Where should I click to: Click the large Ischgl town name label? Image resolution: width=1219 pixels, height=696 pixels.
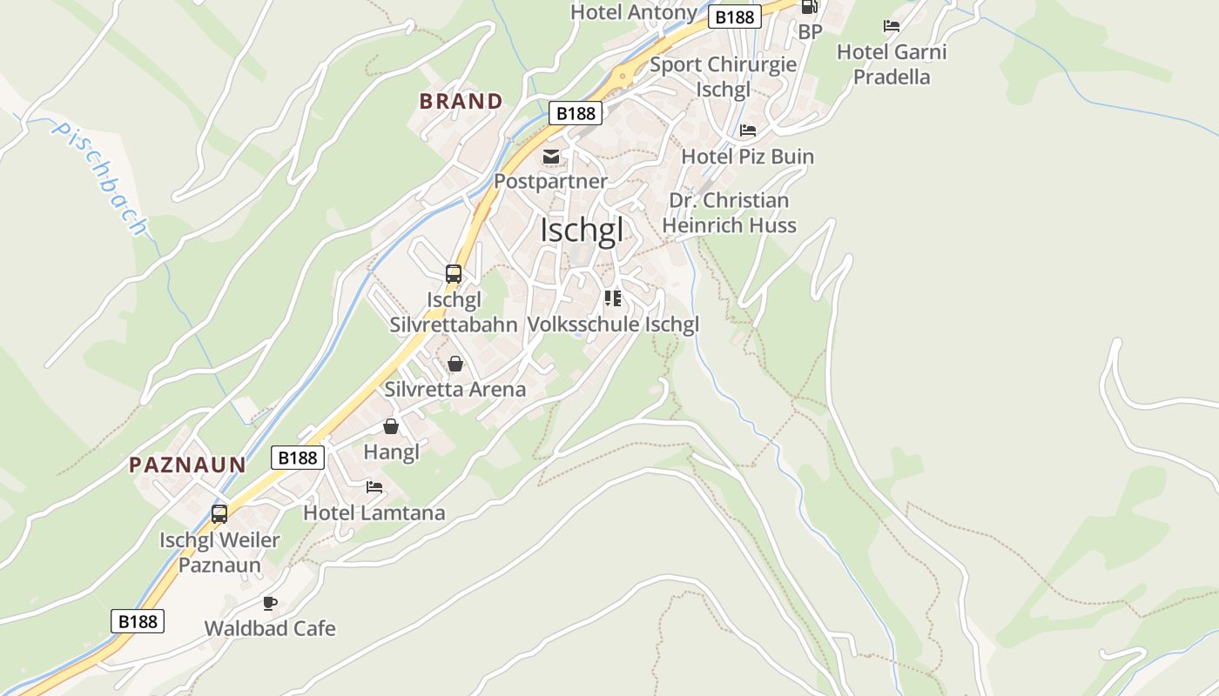click(x=582, y=231)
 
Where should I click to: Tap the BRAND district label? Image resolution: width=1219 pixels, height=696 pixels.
click(x=461, y=101)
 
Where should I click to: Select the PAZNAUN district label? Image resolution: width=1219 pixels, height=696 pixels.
click(x=187, y=465)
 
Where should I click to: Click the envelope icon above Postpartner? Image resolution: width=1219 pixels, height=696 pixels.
click(x=551, y=157)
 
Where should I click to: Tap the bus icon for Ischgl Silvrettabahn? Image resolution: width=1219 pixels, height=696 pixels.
click(x=453, y=274)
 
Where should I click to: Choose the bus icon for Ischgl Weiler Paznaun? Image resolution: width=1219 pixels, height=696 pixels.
click(x=219, y=514)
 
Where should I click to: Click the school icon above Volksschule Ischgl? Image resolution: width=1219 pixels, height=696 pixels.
click(x=613, y=298)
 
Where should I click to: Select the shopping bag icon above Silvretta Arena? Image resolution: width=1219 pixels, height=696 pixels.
click(x=455, y=364)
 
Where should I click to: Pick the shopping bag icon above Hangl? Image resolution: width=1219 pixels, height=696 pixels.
click(x=391, y=426)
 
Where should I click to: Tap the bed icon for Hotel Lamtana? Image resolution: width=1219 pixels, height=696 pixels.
click(x=374, y=487)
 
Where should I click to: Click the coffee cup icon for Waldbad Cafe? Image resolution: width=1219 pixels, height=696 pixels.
click(x=270, y=603)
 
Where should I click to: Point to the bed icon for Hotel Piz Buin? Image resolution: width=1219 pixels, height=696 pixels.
click(x=747, y=130)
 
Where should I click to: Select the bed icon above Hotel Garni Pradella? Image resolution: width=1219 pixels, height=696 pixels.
click(x=891, y=26)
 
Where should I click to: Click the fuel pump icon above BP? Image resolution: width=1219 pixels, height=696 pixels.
click(x=809, y=7)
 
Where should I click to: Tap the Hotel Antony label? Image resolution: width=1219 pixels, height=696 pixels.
click(x=633, y=12)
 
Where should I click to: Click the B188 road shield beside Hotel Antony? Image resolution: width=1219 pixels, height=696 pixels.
click(x=734, y=17)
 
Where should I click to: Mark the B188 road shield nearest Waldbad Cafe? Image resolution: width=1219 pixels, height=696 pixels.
click(x=138, y=620)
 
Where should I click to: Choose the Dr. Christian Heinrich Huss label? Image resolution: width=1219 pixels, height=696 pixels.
click(x=729, y=213)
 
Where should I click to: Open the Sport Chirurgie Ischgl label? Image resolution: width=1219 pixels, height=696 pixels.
click(x=723, y=77)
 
